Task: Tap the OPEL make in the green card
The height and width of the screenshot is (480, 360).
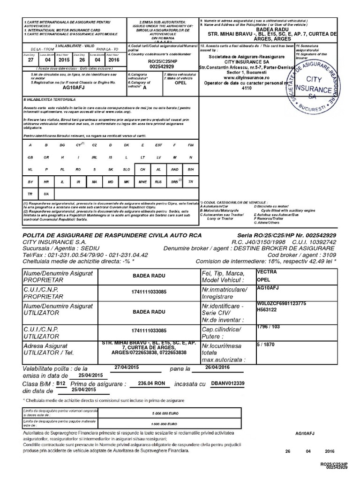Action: (180, 83)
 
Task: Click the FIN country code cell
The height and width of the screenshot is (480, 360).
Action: (190, 145)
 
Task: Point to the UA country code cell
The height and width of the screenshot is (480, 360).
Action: (46, 194)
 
